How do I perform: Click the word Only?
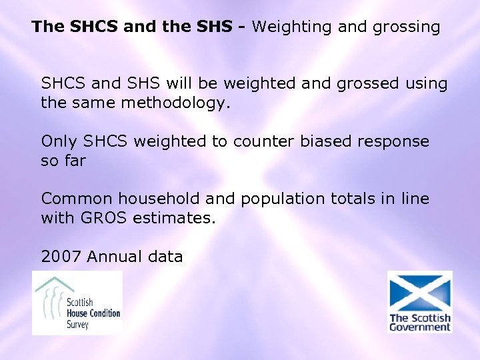pyautogui.click(x=59, y=141)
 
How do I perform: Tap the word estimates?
pyautogui.click(x=180, y=218)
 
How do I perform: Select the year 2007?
pyautogui.click(x=61, y=256)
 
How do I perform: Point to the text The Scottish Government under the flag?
pyautogui.click(x=420, y=323)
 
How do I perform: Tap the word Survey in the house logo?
pyautogui.click(x=77, y=325)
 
